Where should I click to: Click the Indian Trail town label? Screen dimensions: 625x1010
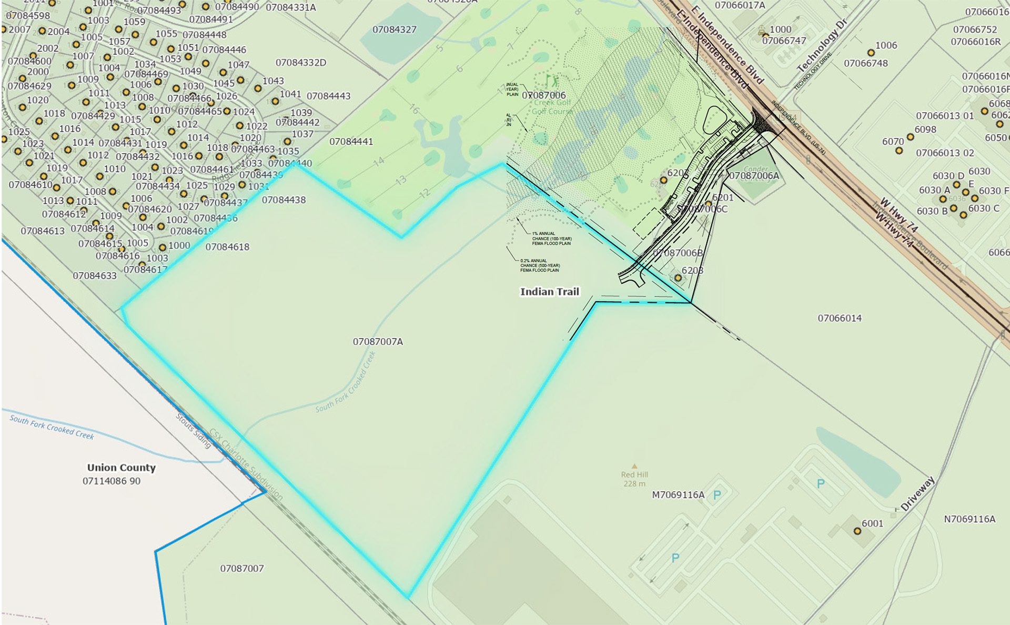coord(549,292)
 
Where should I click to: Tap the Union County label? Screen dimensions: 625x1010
coord(121,468)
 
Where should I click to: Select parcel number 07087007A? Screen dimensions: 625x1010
coord(378,342)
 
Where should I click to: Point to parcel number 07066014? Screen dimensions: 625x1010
coord(840,318)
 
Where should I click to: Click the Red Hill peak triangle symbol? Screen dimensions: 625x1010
coord(634,466)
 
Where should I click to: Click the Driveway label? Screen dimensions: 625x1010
coord(917,493)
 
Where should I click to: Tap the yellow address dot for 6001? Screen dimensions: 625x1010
coord(857,531)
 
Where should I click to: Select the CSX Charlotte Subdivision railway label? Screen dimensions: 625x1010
coord(246,464)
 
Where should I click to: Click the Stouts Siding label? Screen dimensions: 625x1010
coord(193,431)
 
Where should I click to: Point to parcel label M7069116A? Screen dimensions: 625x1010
coord(678,495)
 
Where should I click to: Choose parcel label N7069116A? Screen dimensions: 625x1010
coord(969,519)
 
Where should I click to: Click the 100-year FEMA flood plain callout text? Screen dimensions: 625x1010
coord(551,239)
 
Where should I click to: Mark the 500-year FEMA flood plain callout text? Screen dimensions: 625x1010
coord(540,265)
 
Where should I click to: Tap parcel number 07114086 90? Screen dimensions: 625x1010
coord(112,481)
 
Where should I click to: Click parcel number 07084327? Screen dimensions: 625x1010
coord(394,29)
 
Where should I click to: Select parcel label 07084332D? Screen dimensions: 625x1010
coord(300,63)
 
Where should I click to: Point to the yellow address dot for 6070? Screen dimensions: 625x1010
coord(899,151)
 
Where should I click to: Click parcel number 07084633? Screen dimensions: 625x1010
coord(95,276)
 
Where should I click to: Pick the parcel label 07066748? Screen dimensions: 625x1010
coord(865,63)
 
